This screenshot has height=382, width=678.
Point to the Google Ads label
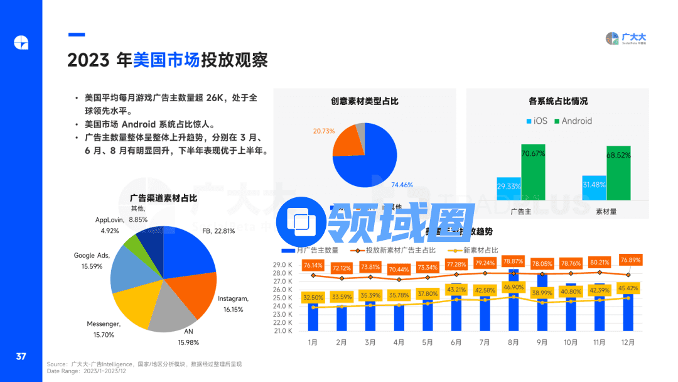92,261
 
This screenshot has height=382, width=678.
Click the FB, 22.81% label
218,231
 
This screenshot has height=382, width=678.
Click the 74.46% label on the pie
402,185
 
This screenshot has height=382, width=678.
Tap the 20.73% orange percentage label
324,131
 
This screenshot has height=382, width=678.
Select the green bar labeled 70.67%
533,172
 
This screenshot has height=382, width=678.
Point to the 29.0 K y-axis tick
282,265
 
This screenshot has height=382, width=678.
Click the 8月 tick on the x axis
514,342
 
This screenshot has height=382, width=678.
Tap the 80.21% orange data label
600,262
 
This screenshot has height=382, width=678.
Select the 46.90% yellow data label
514,287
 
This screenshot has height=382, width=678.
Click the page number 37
21,356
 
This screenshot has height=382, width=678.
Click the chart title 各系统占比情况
558,101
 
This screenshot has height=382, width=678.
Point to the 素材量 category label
606,211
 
